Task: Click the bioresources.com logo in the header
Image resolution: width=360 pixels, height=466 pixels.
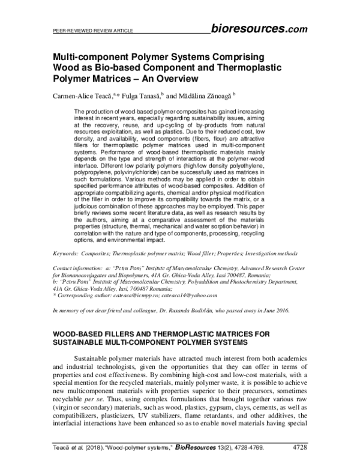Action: coord(260,28)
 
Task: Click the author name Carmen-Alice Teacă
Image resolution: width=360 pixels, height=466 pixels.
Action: coord(78,95)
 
